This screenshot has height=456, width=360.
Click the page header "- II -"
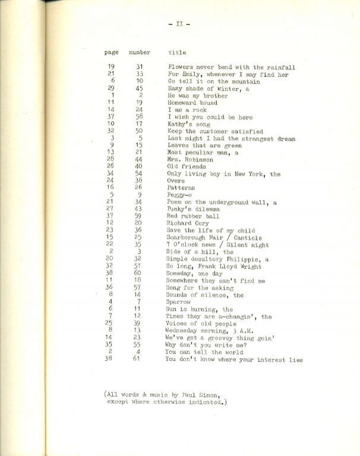179,24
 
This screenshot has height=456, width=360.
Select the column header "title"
177,53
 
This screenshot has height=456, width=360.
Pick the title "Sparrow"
178,302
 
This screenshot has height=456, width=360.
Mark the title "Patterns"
181,188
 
